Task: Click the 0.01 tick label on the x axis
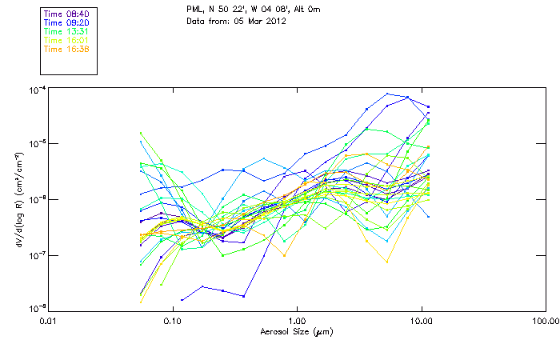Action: [48, 321]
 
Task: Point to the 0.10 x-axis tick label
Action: [172, 321]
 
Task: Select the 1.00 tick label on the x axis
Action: [297, 321]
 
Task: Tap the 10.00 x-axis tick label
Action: [421, 321]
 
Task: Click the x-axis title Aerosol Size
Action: [296, 331]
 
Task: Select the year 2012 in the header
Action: [275, 20]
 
